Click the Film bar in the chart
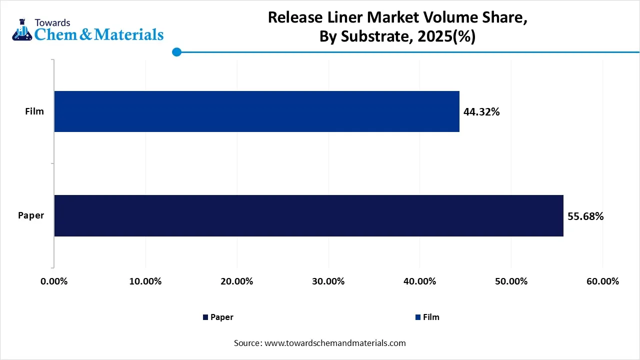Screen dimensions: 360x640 [256, 111]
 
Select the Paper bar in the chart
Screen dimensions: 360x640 [308, 215]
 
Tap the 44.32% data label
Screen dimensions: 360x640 [481, 112]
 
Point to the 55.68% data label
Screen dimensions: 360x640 [585, 216]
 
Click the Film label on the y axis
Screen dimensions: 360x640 [34, 111]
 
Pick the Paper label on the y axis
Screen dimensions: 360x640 [31, 215]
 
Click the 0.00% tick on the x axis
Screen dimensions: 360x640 [53, 281]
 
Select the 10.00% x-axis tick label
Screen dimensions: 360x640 [145, 281]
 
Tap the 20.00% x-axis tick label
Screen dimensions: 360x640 [236, 281]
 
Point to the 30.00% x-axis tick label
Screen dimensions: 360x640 [328, 281]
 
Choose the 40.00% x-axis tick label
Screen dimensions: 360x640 [419, 281]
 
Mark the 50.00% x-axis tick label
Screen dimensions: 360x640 [511, 281]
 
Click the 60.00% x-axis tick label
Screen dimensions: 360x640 [602, 281]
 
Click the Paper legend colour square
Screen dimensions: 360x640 [205, 317]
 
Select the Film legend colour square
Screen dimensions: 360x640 [418, 317]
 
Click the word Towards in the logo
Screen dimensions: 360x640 [52, 22]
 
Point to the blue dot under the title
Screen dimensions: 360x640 [176, 52]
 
